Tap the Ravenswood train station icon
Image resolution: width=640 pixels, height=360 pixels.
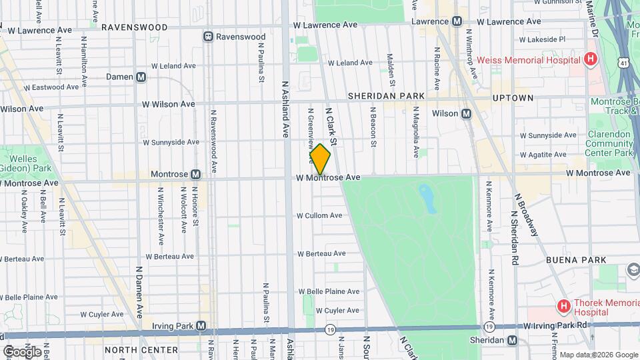pos(209,37)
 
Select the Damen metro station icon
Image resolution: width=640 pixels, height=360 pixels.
pos(141,77)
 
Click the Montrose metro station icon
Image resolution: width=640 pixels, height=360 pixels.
pos(195,174)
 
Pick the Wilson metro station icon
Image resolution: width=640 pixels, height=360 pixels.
pos(466,113)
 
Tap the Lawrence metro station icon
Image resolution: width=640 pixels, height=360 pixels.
pos(457,21)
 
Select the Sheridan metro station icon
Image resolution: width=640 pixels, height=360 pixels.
pos(512,340)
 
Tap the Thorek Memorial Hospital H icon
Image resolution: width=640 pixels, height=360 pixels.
pos(563,307)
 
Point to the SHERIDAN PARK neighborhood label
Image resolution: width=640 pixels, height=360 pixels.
pos(386,96)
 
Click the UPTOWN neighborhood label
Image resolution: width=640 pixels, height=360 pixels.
pos(513,98)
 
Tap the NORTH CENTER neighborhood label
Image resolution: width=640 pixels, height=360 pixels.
pos(141,349)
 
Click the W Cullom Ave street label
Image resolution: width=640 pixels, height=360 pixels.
pos(319,215)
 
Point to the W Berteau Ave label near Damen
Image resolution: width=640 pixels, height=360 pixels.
pos(169,256)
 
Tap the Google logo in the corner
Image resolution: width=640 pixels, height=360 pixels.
pos(23,351)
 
